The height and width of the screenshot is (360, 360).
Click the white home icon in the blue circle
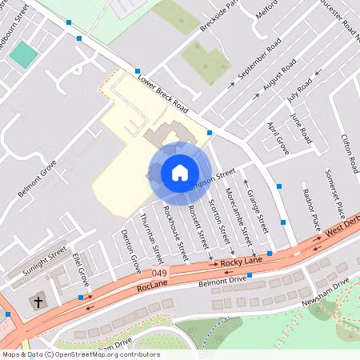[x=179, y=173]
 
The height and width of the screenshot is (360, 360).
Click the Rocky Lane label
[x=242, y=261]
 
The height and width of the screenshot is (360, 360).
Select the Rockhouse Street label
[x=174, y=230]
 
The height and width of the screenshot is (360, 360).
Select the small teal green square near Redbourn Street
[x=24, y=54]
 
